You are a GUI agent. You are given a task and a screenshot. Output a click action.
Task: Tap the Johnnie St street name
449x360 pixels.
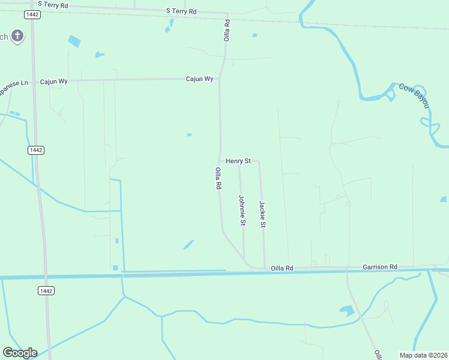[x=242, y=211]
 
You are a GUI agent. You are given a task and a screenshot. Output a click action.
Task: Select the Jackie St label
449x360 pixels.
[x=262, y=214]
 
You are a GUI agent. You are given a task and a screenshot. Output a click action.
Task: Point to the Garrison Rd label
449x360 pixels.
[x=380, y=266]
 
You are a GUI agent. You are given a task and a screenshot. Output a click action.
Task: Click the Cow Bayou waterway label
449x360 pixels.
[x=415, y=95]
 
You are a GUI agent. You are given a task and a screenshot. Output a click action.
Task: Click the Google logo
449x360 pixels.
[x=20, y=353]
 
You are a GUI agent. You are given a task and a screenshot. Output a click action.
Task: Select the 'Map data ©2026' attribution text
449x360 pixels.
[x=424, y=355]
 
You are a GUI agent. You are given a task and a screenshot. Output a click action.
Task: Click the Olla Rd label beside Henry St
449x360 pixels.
[x=218, y=179]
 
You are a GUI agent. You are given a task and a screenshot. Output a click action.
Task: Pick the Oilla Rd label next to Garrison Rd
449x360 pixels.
[x=282, y=268]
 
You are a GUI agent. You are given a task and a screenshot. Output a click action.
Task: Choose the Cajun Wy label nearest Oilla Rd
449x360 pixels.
[x=199, y=79]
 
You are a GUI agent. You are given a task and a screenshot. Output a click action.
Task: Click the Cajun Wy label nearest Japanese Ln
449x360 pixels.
[x=53, y=81]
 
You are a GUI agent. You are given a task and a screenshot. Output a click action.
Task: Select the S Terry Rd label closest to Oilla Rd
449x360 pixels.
[x=181, y=11]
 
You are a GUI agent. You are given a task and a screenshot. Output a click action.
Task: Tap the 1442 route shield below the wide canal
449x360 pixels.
[x=46, y=290]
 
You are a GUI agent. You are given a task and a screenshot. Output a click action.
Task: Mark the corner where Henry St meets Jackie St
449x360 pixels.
[x=258, y=161]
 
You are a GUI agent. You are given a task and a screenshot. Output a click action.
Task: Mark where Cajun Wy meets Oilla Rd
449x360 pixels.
[x=220, y=79]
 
